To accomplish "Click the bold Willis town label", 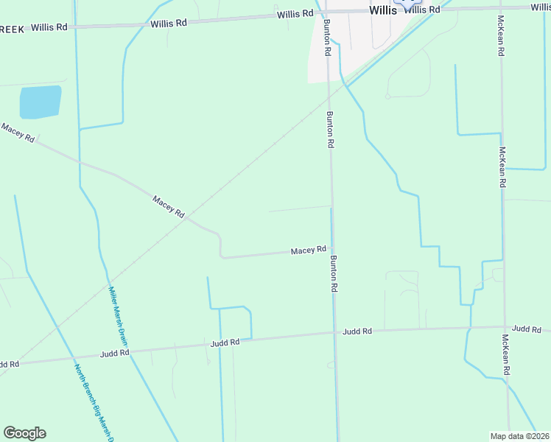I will pos(382,10).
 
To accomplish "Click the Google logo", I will pos(24,433).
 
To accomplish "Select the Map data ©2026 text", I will pos(519,436).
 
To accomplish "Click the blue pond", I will pos(40,102).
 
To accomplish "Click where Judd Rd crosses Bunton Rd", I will pos(335,333).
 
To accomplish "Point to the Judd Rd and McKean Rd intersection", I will pos(506,327).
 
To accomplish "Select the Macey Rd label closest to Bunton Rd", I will pos(308,250).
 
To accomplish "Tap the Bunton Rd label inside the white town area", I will pos(326,35).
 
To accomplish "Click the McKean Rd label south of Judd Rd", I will pos(506,355).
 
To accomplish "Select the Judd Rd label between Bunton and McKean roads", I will pos(357,332).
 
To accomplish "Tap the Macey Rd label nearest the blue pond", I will pos(18,133).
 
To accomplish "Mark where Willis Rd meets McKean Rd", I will pos(500,9).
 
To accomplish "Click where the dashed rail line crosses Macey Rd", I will pos(187,218).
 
